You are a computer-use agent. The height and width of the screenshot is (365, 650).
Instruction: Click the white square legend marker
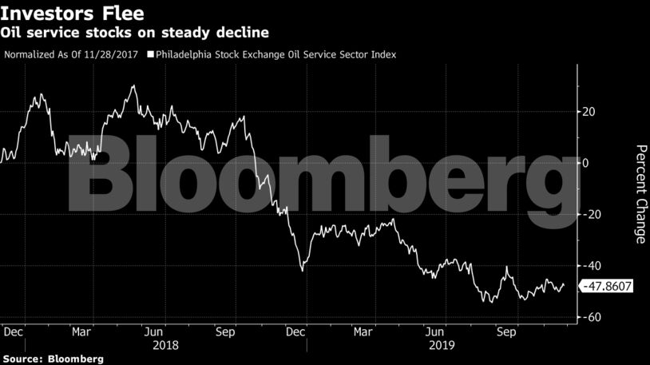150,54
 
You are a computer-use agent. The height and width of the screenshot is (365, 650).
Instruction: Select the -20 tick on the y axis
590,214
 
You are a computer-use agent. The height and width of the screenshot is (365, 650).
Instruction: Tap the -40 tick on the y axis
590,265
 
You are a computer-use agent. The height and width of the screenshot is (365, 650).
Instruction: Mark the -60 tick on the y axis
590,317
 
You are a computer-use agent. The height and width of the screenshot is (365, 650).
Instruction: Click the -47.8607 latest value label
606,285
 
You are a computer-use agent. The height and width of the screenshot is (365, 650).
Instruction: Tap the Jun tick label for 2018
155,330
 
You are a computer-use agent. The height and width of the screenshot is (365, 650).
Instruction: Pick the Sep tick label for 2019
506,330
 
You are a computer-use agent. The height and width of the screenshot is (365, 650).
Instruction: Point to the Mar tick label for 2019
365,330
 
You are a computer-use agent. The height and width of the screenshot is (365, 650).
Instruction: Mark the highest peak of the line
133,85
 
